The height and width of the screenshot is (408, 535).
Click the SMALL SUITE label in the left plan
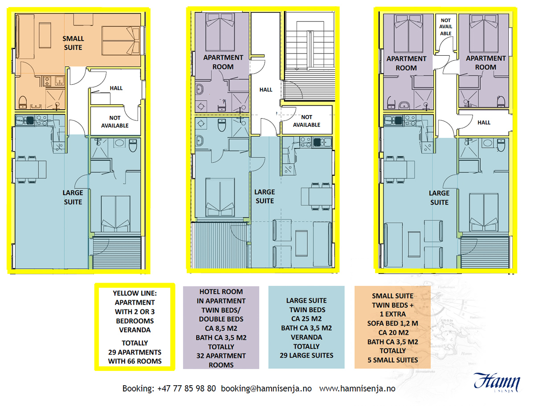point(72,43)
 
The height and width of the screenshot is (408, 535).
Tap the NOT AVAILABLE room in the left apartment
point(115,121)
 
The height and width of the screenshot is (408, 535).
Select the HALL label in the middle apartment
point(266,90)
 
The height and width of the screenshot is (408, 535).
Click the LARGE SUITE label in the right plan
point(439,198)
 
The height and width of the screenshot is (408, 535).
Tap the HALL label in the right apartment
point(484,122)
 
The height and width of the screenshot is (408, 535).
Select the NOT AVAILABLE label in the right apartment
point(445,27)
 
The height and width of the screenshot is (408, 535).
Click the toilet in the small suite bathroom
point(22,102)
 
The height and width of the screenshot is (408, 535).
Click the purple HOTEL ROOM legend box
point(221,328)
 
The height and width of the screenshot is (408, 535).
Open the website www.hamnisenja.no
point(357,388)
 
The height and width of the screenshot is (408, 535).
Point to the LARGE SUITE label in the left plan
point(73,197)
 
